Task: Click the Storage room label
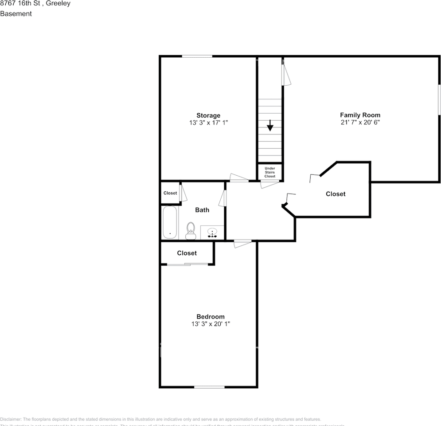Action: [208, 115]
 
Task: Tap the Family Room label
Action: [360, 115]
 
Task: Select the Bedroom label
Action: [211, 316]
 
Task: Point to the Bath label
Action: [202, 210]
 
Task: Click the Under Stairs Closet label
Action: [270, 172]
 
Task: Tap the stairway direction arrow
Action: [270, 126]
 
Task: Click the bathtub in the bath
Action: [170, 222]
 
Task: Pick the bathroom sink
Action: [212, 232]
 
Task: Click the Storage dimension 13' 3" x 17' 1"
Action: [208, 122]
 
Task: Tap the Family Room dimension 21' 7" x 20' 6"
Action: [360, 122]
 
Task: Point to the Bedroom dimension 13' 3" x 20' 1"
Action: [211, 324]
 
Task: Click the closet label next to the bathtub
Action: [170, 193]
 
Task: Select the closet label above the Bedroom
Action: [187, 253]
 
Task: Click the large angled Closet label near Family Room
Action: [336, 194]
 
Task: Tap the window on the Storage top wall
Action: [197, 56]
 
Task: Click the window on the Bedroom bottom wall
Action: [209, 387]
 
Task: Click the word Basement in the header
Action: [16, 14]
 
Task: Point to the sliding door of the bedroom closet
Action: [187, 264]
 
